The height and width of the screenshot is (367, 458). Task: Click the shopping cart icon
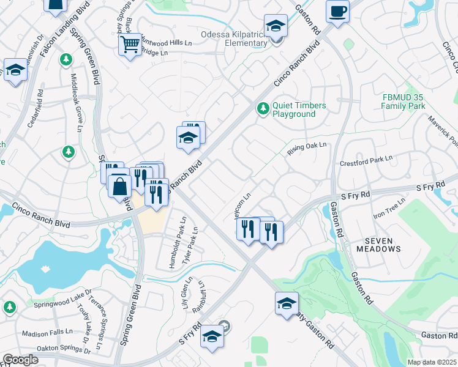point(130,45)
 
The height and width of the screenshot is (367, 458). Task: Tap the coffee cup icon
point(337,10)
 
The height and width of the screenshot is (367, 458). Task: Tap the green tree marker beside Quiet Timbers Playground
point(263,108)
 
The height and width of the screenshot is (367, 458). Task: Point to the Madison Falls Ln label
point(47,333)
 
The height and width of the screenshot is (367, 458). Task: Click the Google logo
point(20,360)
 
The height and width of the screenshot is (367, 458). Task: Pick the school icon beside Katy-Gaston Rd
point(287,303)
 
